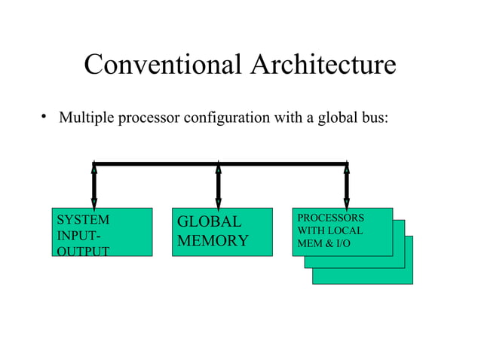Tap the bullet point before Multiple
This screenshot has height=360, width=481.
(x=44, y=116)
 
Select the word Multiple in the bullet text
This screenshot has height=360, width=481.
(x=84, y=118)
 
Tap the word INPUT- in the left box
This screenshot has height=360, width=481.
(x=78, y=235)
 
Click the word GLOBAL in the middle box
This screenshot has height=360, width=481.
(x=209, y=222)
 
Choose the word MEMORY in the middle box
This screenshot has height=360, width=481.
(x=213, y=241)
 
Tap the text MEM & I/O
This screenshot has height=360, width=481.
(x=325, y=243)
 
